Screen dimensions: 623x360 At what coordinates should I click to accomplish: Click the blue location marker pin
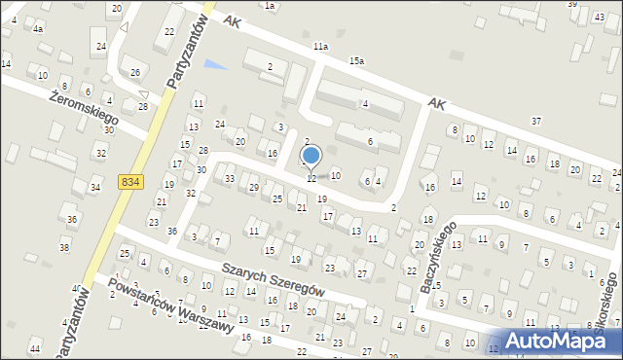(311, 156)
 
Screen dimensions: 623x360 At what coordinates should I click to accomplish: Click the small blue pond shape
(216, 66)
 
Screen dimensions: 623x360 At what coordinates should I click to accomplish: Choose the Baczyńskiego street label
(438, 260)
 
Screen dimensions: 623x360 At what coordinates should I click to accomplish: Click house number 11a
(320, 46)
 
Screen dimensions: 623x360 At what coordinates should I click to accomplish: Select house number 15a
(357, 61)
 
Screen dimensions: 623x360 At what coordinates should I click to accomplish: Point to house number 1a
(270, 6)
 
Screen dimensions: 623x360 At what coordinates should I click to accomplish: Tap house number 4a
(38, 29)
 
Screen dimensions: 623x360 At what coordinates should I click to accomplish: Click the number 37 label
(536, 120)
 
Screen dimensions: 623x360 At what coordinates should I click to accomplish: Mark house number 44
(35, 348)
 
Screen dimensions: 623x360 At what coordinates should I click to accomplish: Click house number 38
(64, 248)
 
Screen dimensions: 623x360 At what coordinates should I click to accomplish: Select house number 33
(230, 179)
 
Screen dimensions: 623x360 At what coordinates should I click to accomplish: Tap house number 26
(135, 73)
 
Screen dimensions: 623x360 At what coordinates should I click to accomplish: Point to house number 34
(94, 187)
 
